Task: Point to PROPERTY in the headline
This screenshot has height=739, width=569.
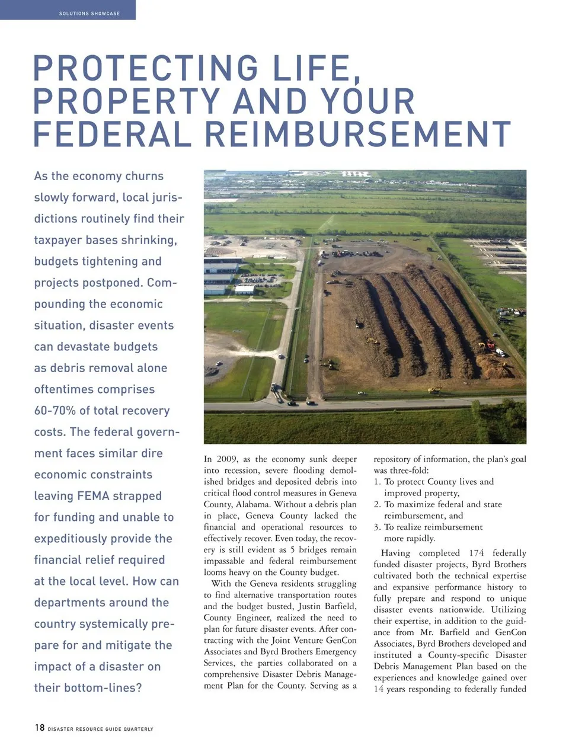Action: pos(126,101)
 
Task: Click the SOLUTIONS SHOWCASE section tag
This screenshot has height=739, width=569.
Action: pos(89,13)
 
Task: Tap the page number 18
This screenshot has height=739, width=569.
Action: pos(39,727)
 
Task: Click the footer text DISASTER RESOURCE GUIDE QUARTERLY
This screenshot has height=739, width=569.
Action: pos(100,729)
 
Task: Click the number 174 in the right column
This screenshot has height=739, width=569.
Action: pos(476,553)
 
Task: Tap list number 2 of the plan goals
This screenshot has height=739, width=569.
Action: pos(377,504)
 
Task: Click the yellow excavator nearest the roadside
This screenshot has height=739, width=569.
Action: pos(434,389)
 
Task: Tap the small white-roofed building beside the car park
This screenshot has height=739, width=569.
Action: pos(244,289)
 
